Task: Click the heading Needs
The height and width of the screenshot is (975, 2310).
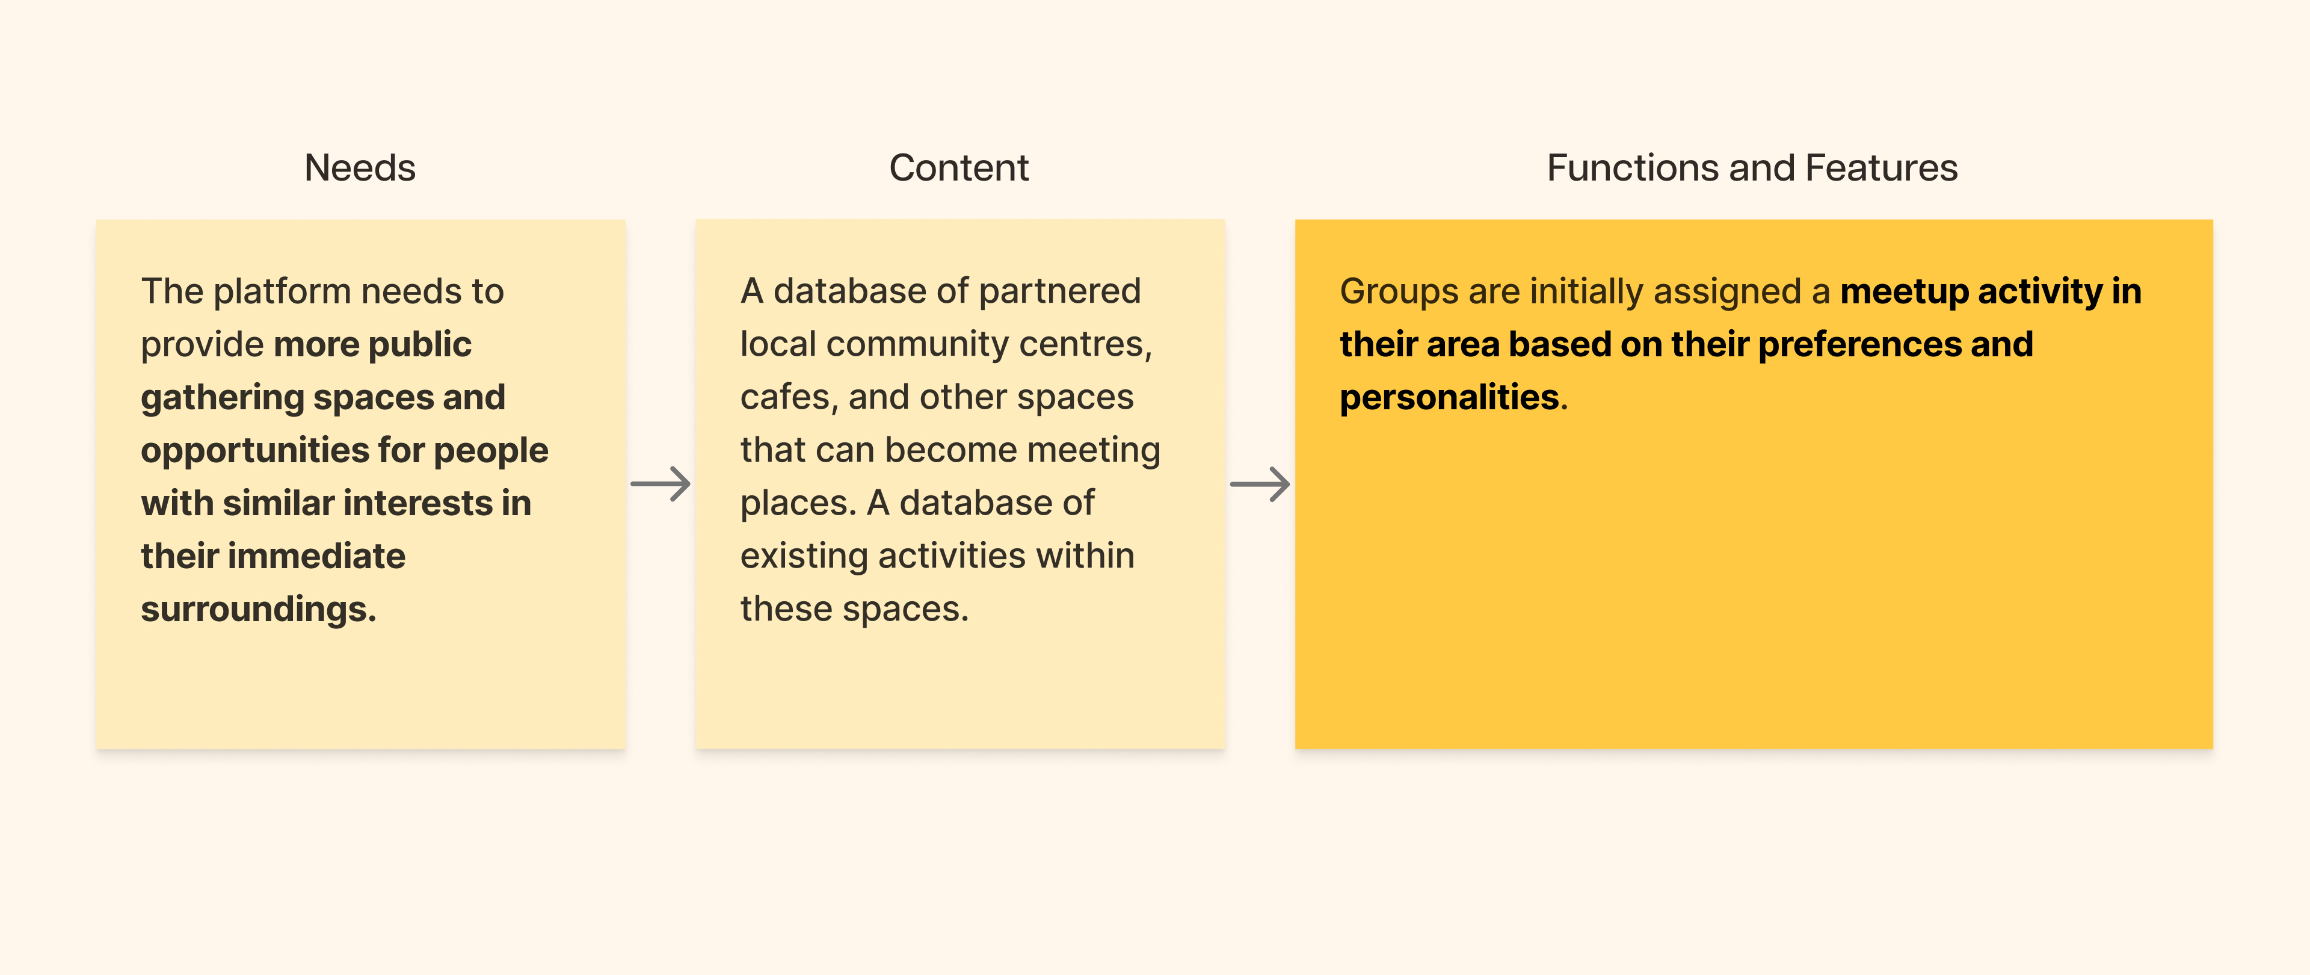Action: coord(360,168)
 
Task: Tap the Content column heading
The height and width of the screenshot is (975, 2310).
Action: coord(959,168)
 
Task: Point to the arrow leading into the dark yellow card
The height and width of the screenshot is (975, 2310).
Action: coord(1259,484)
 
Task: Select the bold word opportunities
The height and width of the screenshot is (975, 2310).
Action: coord(254,450)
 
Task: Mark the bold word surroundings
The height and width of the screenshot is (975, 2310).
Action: coord(257,609)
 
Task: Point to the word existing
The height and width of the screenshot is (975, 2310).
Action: coord(804,556)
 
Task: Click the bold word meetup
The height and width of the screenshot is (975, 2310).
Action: coord(1903,291)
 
